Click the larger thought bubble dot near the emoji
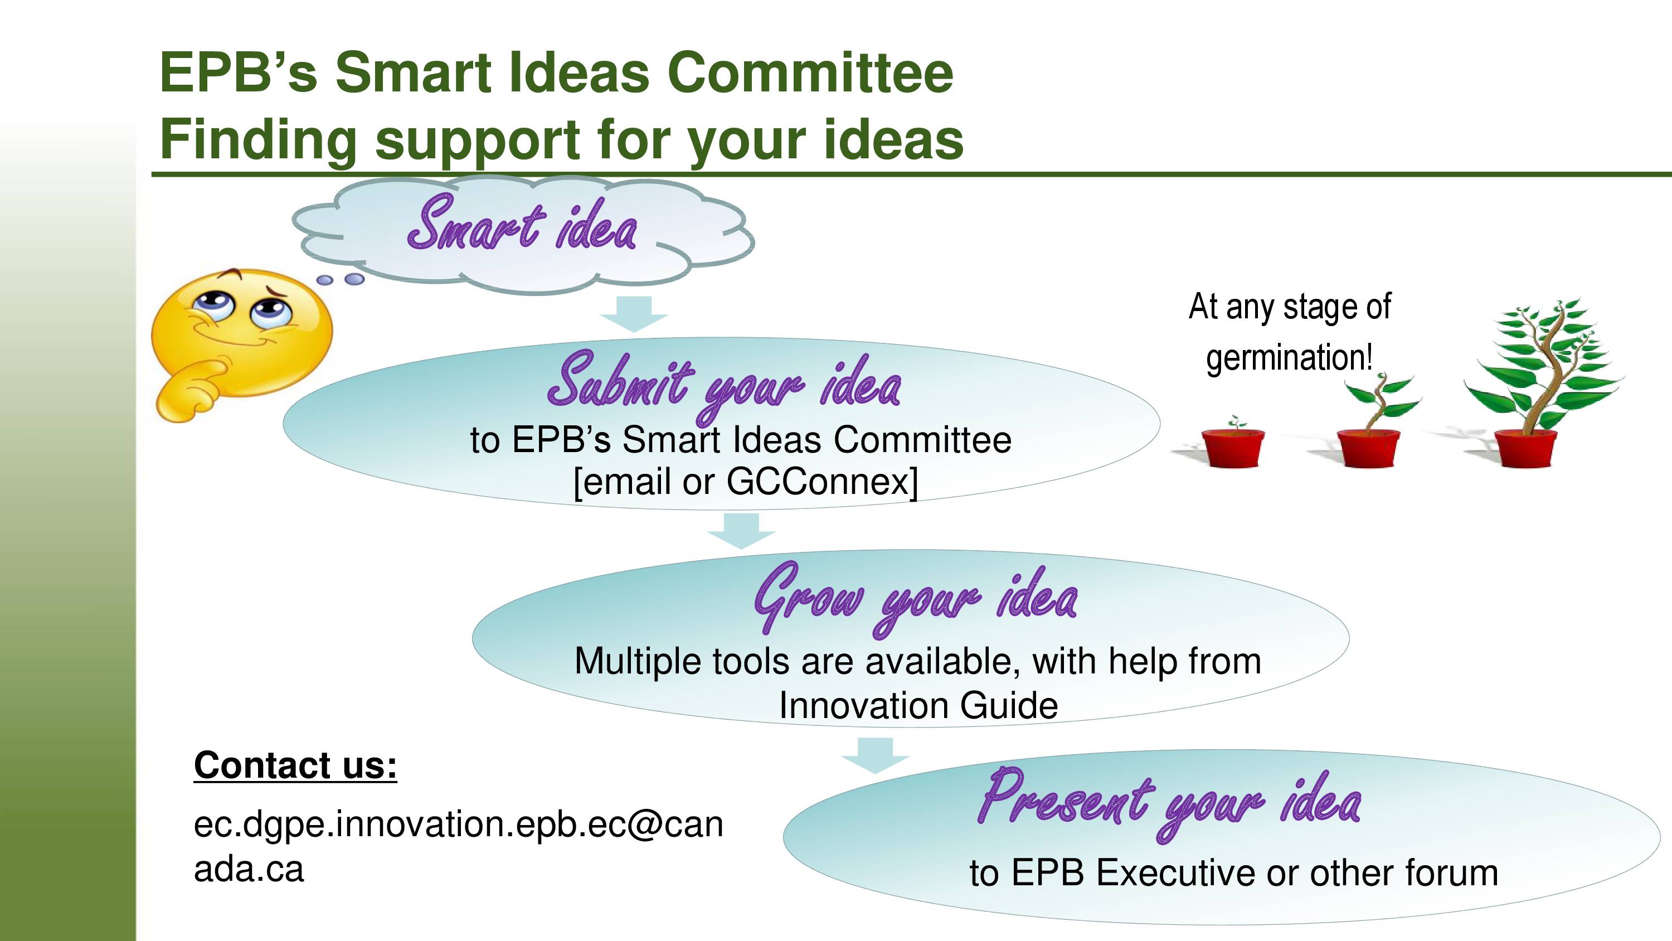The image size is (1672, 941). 354,279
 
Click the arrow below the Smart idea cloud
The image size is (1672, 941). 634,314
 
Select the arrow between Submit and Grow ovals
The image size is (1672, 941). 741,531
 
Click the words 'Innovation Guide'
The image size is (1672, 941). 918,705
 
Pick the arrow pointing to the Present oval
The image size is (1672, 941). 876,755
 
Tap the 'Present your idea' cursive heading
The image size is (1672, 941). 1169,804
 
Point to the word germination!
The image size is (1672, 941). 1289,358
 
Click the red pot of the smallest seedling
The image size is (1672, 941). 1233,448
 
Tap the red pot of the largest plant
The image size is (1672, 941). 1525,448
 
